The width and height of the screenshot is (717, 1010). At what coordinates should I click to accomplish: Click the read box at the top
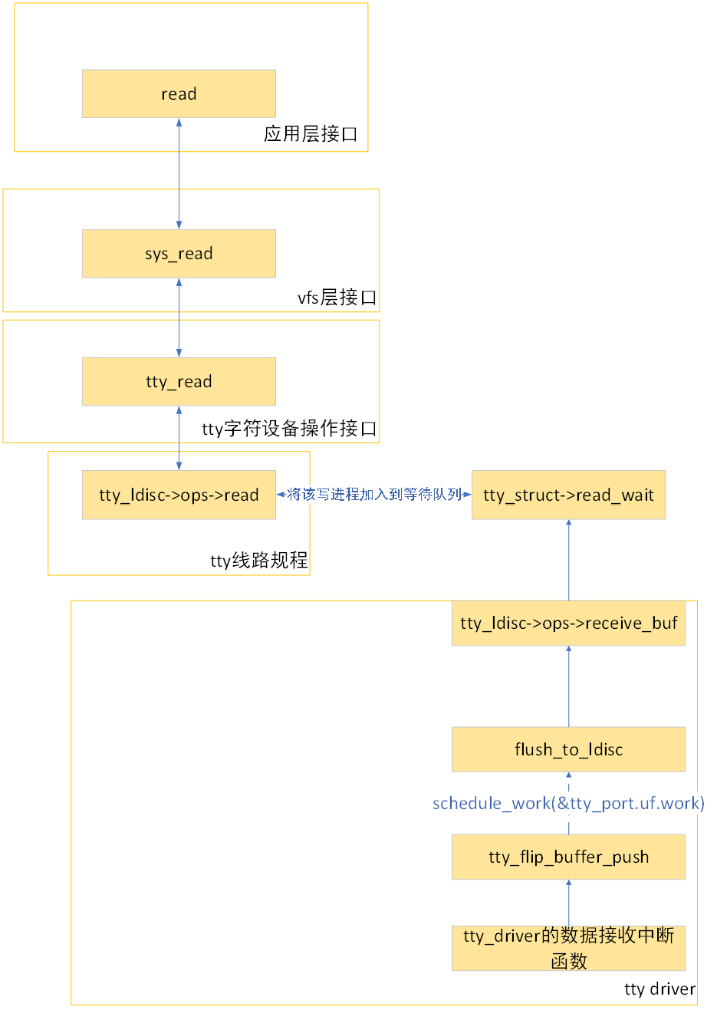click(x=179, y=94)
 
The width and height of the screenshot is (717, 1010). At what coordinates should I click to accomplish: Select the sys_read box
click(x=179, y=253)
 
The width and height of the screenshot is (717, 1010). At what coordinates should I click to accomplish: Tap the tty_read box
click(x=179, y=381)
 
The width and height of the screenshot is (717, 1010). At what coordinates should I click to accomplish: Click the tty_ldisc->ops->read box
click(x=179, y=495)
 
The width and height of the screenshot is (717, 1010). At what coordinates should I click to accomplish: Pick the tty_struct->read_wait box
click(x=568, y=495)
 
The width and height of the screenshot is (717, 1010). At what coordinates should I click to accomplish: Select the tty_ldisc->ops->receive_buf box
click(x=568, y=623)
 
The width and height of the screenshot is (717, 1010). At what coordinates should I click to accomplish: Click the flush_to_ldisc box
click(x=568, y=749)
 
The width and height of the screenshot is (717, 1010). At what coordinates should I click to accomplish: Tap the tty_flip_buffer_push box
click(x=568, y=857)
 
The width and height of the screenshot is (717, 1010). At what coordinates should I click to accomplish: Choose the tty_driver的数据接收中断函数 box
click(x=568, y=948)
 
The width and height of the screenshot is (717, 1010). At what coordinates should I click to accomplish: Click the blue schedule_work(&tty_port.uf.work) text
click(x=568, y=803)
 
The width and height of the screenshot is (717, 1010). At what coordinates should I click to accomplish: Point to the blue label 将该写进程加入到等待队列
click(x=373, y=495)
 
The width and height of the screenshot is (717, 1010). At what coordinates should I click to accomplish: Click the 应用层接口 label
click(x=311, y=134)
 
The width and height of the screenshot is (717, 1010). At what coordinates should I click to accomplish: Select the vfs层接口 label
click(x=337, y=298)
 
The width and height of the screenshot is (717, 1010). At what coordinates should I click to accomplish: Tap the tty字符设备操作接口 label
click(x=289, y=429)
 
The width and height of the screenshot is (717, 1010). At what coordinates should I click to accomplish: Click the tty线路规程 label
click(x=258, y=561)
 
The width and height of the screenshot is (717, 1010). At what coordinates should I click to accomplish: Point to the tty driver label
click(x=659, y=989)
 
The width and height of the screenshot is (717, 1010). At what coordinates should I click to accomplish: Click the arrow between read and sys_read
click(x=179, y=173)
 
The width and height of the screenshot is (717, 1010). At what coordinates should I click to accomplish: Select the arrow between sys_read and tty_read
click(x=179, y=317)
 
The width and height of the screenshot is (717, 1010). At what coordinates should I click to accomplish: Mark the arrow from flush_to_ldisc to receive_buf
click(x=569, y=686)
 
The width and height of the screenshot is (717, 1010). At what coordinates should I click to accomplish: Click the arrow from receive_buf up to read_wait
click(x=569, y=560)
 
